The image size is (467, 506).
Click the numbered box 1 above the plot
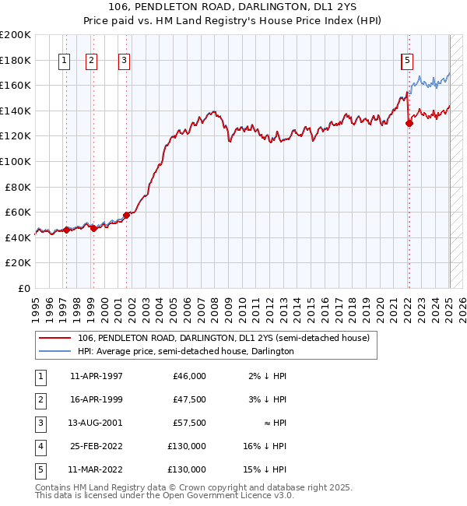pos(63,60)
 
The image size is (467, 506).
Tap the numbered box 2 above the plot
pos(91,60)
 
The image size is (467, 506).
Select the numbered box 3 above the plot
pos(125,60)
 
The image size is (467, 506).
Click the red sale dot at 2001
pos(126,215)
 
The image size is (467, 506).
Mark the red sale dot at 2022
pos(409,123)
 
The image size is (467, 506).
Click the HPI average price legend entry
pos(185,352)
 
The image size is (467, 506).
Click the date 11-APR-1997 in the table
pos(97,376)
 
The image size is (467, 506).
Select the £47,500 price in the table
pos(189,399)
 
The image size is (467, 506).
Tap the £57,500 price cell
pos(189,423)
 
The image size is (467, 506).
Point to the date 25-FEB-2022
pos(97,446)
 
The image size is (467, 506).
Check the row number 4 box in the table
pos(40,446)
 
